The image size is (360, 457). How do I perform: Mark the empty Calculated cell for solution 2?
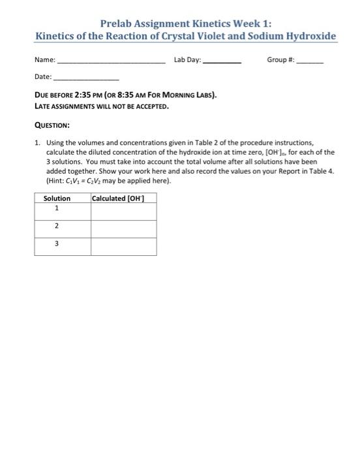(123, 228)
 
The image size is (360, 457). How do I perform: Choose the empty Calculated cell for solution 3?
(123, 246)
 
